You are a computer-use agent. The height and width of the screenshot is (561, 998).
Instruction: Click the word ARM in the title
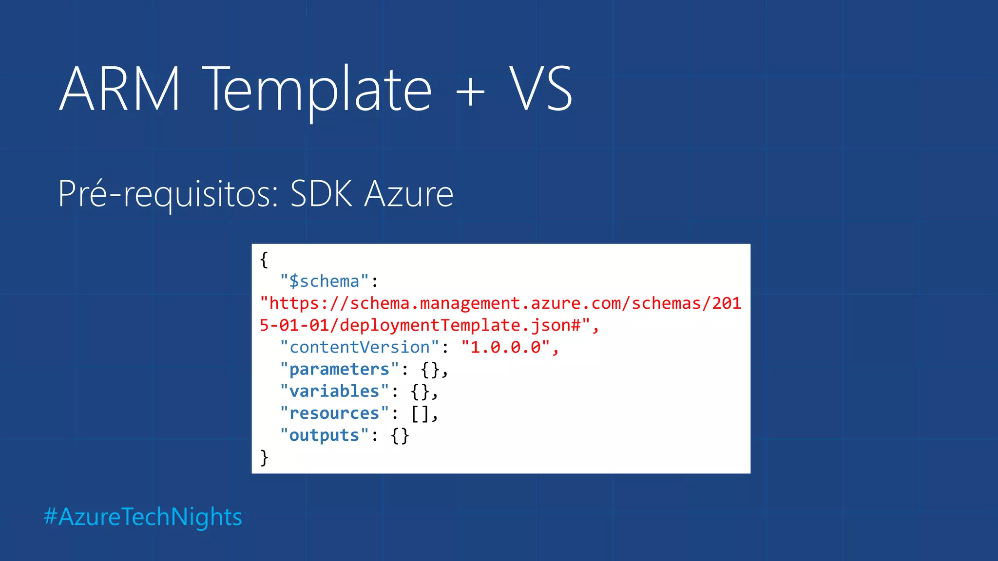[x=120, y=90]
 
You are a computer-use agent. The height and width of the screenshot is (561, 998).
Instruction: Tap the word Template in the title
[x=317, y=90]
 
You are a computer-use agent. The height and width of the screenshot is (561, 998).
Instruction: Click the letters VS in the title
[x=541, y=90]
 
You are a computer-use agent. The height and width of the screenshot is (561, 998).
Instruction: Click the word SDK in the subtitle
[x=321, y=194]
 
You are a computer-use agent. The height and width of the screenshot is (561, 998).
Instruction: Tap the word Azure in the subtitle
[x=409, y=194]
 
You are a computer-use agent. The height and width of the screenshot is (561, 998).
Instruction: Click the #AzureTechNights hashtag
[x=143, y=517]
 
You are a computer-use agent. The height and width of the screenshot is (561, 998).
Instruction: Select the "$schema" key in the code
[x=324, y=281]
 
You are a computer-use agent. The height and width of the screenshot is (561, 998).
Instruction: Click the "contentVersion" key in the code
[x=360, y=347]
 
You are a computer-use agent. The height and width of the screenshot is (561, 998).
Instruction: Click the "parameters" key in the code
[x=339, y=369]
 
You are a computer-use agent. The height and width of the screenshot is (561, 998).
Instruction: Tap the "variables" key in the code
[x=334, y=391]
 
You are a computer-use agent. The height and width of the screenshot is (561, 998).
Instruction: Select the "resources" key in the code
[x=334, y=413]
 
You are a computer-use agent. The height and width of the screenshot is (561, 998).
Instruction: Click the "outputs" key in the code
[x=324, y=435]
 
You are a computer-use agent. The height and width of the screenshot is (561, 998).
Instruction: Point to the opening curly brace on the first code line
[x=264, y=260]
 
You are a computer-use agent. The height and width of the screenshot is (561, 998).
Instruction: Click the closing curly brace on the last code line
[x=264, y=457]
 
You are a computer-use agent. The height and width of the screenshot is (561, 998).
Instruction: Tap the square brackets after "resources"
[x=420, y=413]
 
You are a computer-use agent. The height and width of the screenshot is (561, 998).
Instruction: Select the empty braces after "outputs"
[x=400, y=435]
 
